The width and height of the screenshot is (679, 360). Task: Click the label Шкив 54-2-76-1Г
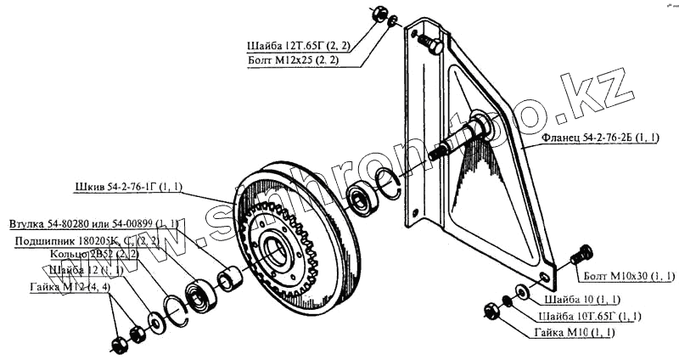coord(127,185)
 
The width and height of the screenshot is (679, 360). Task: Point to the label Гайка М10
coord(575,331)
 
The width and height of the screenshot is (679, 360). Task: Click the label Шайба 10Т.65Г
coord(593,316)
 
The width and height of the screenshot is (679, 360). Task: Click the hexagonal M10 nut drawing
coord(491,311)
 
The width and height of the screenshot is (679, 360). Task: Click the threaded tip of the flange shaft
coord(439,153)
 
